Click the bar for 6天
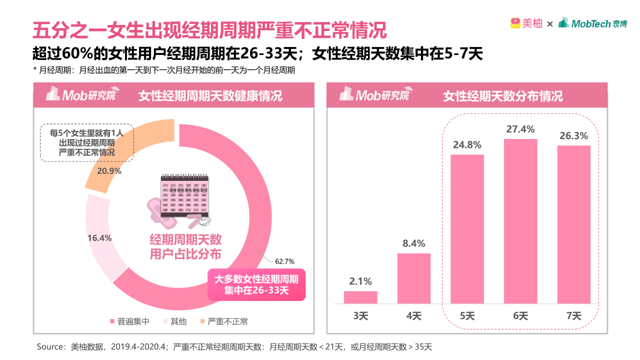pos(520,221)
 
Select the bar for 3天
pos(360,297)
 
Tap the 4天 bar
pos(414,278)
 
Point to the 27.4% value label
pos(520,129)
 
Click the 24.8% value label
pos(467,145)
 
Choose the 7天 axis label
pos(574,316)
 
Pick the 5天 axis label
pos(467,316)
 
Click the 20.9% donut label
pos(109,171)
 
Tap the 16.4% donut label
pos(99,238)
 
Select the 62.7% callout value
pos(284,261)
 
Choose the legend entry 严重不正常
pos(223,321)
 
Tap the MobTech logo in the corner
pos(592,23)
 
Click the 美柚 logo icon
pos(515,23)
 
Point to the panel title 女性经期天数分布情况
pos(502,95)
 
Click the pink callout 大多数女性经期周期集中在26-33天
pos(256,285)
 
